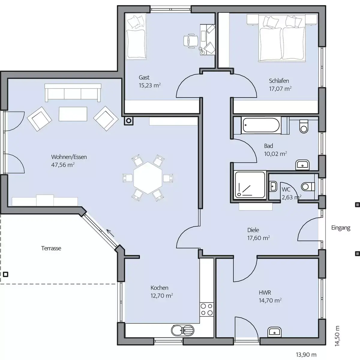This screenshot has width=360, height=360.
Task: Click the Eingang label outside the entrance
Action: coord(340,228)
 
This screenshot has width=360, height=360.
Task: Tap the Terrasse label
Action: coord(51,248)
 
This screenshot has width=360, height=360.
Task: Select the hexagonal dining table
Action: coord(148,178)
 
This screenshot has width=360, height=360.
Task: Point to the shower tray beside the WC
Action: coord(250,185)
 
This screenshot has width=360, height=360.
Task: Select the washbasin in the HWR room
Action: coord(274,332)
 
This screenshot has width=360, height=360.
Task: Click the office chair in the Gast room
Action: coord(191,41)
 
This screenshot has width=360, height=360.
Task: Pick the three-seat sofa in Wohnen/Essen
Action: coord(73,93)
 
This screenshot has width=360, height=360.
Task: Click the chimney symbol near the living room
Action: coord(129,121)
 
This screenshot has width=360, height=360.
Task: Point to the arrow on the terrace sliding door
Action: coord(110,233)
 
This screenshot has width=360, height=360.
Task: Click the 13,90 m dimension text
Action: coord(306,354)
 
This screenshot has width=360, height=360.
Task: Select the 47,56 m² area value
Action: coord(63,165)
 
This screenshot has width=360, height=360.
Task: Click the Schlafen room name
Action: coord(279,81)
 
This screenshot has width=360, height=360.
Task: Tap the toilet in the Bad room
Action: coord(304,126)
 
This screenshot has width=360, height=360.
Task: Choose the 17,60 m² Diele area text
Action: coord(259,238)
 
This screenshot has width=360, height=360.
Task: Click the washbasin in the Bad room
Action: coord(302,165)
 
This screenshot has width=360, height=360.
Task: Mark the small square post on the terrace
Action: coord(6,274)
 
